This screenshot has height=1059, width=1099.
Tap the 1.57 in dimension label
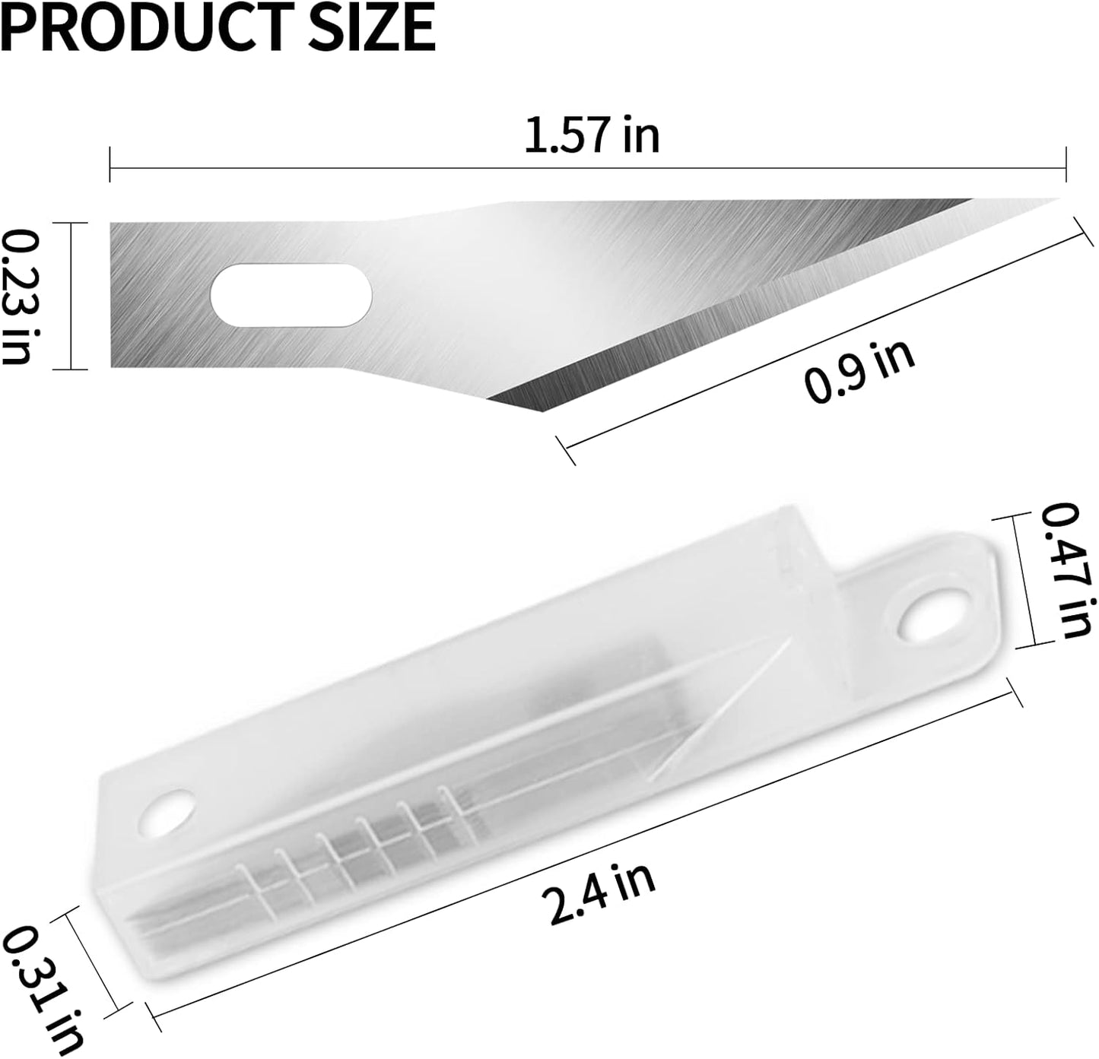tap(592, 135)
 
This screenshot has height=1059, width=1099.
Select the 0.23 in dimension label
tap(21, 296)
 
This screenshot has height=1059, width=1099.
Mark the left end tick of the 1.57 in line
tap(111, 164)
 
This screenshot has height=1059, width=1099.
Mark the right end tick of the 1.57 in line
tap(1066, 164)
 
